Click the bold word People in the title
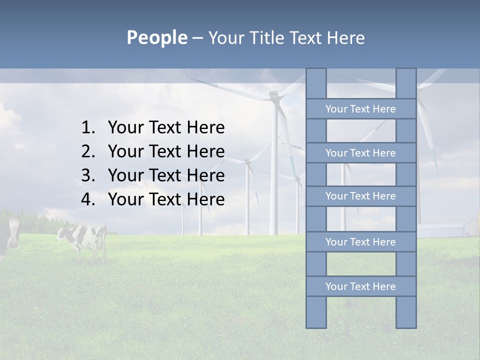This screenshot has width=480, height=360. tap(156, 37)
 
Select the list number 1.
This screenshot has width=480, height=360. tap(87, 128)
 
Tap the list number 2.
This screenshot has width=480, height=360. tap(87, 151)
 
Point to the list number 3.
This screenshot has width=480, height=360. tap(87, 175)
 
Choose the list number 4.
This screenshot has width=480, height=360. tap(87, 199)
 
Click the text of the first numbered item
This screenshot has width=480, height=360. tap(166, 128)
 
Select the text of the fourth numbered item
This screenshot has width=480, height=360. tap(166, 199)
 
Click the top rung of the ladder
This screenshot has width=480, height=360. tap(360, 109)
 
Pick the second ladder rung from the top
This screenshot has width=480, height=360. tap(360, 153)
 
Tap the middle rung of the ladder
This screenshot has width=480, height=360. tap(360, 196)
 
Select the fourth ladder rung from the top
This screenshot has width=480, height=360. tap(360, 242)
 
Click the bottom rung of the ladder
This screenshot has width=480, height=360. tap(360, 286)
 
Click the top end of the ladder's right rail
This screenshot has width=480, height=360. tap(406, 75)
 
